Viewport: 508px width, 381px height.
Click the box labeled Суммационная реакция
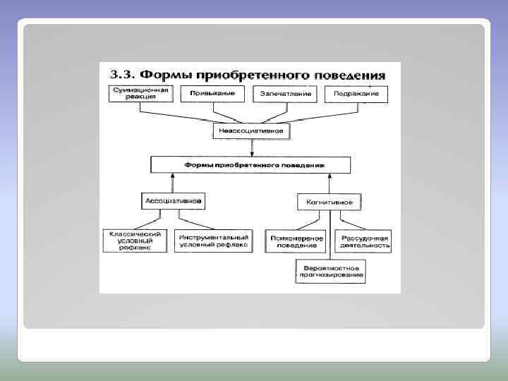(x=139, y=94)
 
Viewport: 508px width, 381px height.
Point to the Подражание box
(x=356, y=94)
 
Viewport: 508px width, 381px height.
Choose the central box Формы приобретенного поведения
(x=250, y=165)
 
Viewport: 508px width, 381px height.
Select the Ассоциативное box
(x=174, y=201)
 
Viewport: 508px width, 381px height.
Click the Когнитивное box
(x=329, y=202)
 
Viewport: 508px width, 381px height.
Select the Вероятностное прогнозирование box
(x=330, y=272)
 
